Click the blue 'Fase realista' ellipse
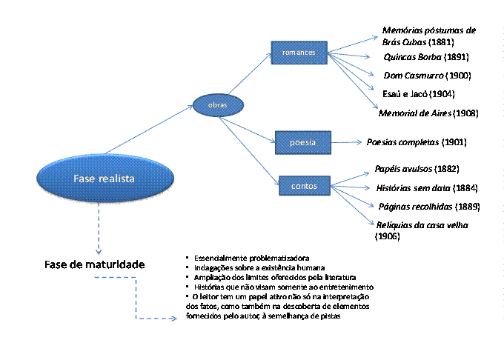click(99, 178)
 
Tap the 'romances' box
click(299, 53)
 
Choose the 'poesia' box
click(302, 141)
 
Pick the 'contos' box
click(305, 186)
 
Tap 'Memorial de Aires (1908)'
click(428, 113)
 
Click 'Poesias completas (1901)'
click(417, 141)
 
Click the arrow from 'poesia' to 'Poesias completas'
click(347, 141)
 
